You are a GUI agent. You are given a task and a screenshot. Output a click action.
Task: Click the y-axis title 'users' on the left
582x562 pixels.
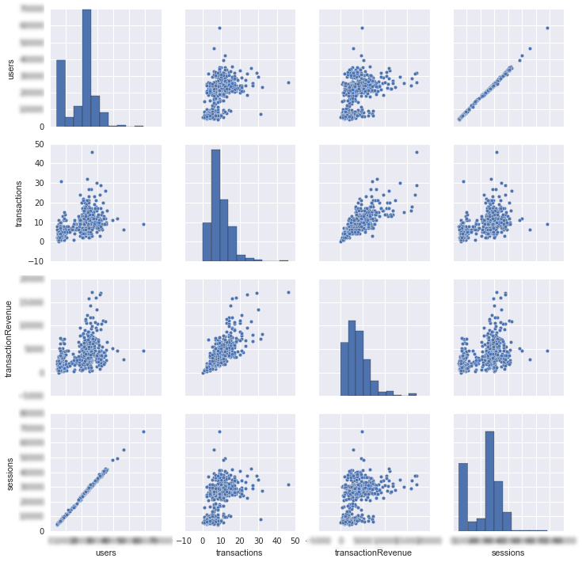click(10, 68)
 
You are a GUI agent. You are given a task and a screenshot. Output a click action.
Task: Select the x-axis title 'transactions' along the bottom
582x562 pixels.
click(238, 552)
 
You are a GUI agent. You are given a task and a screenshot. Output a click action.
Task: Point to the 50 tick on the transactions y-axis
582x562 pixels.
click(37, 143)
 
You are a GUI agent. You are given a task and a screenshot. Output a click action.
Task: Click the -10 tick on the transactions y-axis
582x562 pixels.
click(36, 261)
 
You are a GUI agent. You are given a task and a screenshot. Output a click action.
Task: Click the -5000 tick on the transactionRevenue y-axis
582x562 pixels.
click(32, 396)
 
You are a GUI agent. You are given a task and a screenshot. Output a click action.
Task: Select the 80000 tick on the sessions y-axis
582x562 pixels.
click(32, 413)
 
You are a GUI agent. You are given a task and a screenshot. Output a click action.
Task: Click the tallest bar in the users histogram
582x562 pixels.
click(86, 68)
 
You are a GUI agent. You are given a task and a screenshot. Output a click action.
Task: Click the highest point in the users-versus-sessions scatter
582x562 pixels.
click(547, 28)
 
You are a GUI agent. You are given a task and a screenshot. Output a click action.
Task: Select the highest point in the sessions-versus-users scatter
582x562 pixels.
click(143, 431)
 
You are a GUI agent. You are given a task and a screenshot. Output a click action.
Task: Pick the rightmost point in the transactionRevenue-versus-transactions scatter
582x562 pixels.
click(287, 292)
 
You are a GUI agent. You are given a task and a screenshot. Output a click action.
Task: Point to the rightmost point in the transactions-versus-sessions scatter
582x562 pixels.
click(547, 224)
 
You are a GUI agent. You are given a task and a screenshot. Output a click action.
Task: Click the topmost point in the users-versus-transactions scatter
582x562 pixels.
click(219, 28)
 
